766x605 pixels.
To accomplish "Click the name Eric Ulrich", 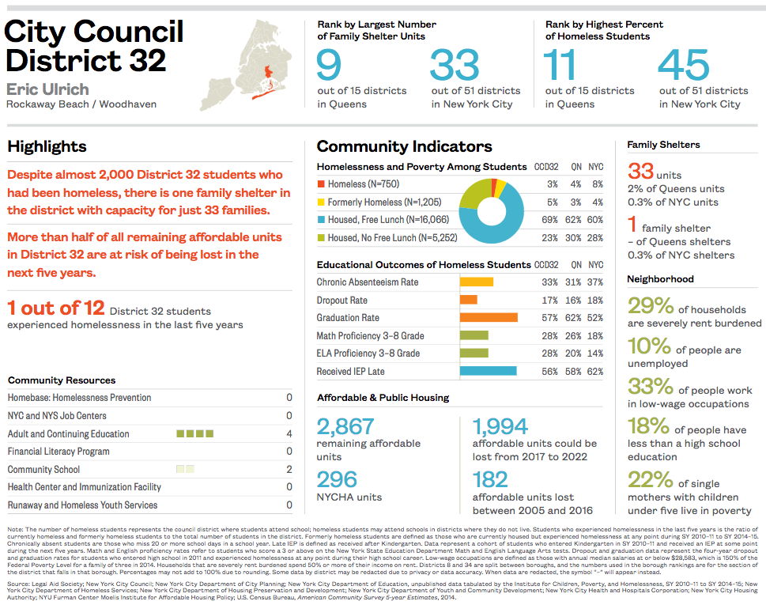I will coord(47,89).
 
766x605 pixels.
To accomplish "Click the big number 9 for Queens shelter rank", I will coord(329,66).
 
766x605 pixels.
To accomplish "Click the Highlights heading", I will coord(47,146).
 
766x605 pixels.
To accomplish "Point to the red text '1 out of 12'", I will coord(55,308).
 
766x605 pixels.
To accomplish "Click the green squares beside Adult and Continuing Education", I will coord(194,433).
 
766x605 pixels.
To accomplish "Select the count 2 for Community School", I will coord(289,470).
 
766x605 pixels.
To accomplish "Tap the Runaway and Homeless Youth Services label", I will coord(82,505).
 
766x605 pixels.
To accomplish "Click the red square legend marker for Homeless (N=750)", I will coord(320,184).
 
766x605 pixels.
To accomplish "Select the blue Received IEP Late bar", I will coord(488,371).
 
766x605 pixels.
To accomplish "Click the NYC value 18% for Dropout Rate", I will coord(595,301).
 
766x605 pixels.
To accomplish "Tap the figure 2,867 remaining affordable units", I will coord(345,427).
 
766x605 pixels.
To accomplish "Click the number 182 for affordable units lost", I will coord(490,479).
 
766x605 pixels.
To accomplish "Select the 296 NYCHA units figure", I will coord(337,479).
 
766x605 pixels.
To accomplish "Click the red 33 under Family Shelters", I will coord(640,171).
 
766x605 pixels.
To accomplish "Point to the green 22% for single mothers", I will coord(650,480).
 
